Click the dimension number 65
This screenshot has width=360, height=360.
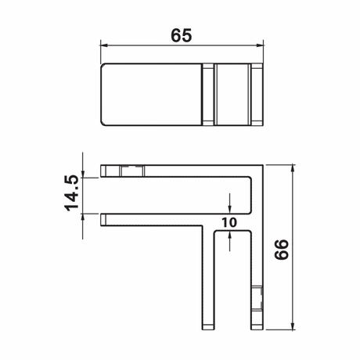tap(182, 35)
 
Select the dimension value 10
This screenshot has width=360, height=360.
tap(229, 221)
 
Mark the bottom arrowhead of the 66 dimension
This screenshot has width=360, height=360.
tap(293, 324)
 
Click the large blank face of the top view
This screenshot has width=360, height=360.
tap(151, 94)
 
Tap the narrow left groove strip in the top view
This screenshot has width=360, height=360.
tap(207, 94)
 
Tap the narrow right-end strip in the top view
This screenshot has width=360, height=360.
tap(255, 94)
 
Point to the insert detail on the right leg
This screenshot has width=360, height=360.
tap(256, 297)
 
